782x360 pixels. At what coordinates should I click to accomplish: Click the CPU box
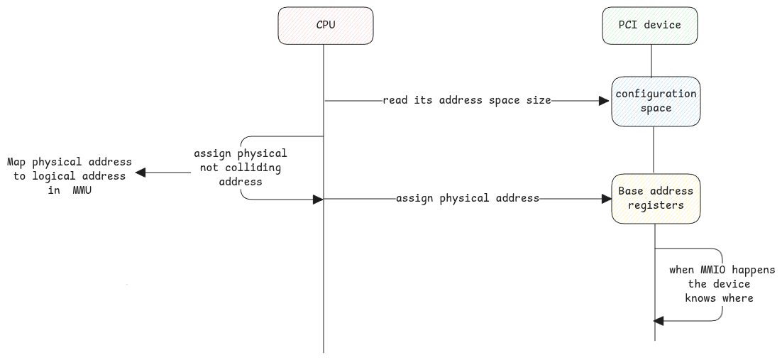tap(326, 26)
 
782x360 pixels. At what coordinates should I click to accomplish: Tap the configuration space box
tap(656, 101)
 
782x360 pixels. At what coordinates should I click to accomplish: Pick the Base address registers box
tap(656, 199)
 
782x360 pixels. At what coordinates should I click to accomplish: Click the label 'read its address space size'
tap(467, 100)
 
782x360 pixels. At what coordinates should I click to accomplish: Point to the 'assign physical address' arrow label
tap(468, 198)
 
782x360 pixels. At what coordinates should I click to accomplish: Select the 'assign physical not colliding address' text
tap(241, 168)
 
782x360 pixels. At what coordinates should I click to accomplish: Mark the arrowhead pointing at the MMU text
tap(141, 172)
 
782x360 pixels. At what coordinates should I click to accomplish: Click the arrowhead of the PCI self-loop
tap(659, 322)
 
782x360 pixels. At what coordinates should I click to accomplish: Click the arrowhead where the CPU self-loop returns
tap(318, 200)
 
